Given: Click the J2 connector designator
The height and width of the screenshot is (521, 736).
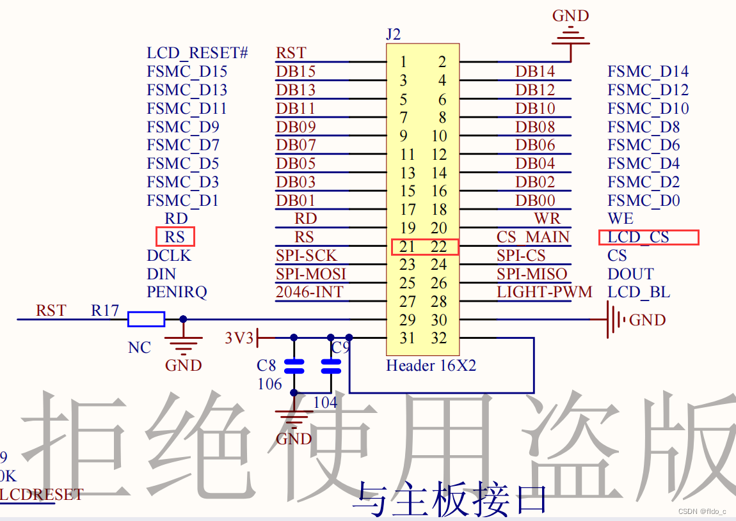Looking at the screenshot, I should coord(393,35).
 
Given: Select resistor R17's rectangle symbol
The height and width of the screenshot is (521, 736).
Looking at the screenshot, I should coord(147,319).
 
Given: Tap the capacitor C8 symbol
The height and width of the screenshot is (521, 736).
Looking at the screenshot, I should coord(294,366).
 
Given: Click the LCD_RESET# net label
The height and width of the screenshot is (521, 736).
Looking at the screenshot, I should coord(197,53).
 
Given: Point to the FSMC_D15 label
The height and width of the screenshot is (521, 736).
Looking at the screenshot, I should coord(187,72).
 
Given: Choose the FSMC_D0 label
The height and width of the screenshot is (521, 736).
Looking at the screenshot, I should coord(643,201).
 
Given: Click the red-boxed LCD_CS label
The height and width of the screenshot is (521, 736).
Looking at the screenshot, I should coord(638,237).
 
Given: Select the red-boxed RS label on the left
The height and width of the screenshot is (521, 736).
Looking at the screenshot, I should coord(175,237).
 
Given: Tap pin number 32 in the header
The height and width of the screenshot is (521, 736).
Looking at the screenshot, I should coord(438,339).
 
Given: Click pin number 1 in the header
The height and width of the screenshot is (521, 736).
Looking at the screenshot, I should coord(404,62).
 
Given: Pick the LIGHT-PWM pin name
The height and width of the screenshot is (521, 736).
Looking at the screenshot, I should coord(544,293).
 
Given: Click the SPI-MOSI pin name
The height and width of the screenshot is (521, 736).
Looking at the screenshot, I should coord(311,274).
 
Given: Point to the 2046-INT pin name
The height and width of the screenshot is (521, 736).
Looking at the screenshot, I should coord(309,293).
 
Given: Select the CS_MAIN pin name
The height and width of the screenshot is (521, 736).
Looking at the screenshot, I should coord(532,237).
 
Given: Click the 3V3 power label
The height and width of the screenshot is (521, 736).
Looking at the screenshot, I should coord(239,338).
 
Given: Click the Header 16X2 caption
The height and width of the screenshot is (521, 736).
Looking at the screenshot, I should coord(431,366).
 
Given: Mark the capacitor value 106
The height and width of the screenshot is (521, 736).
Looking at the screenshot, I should coord(269,384).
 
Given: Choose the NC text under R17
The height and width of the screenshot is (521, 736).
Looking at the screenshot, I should coord(140,348).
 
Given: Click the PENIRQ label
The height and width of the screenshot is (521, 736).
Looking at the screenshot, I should coord(177,293).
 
